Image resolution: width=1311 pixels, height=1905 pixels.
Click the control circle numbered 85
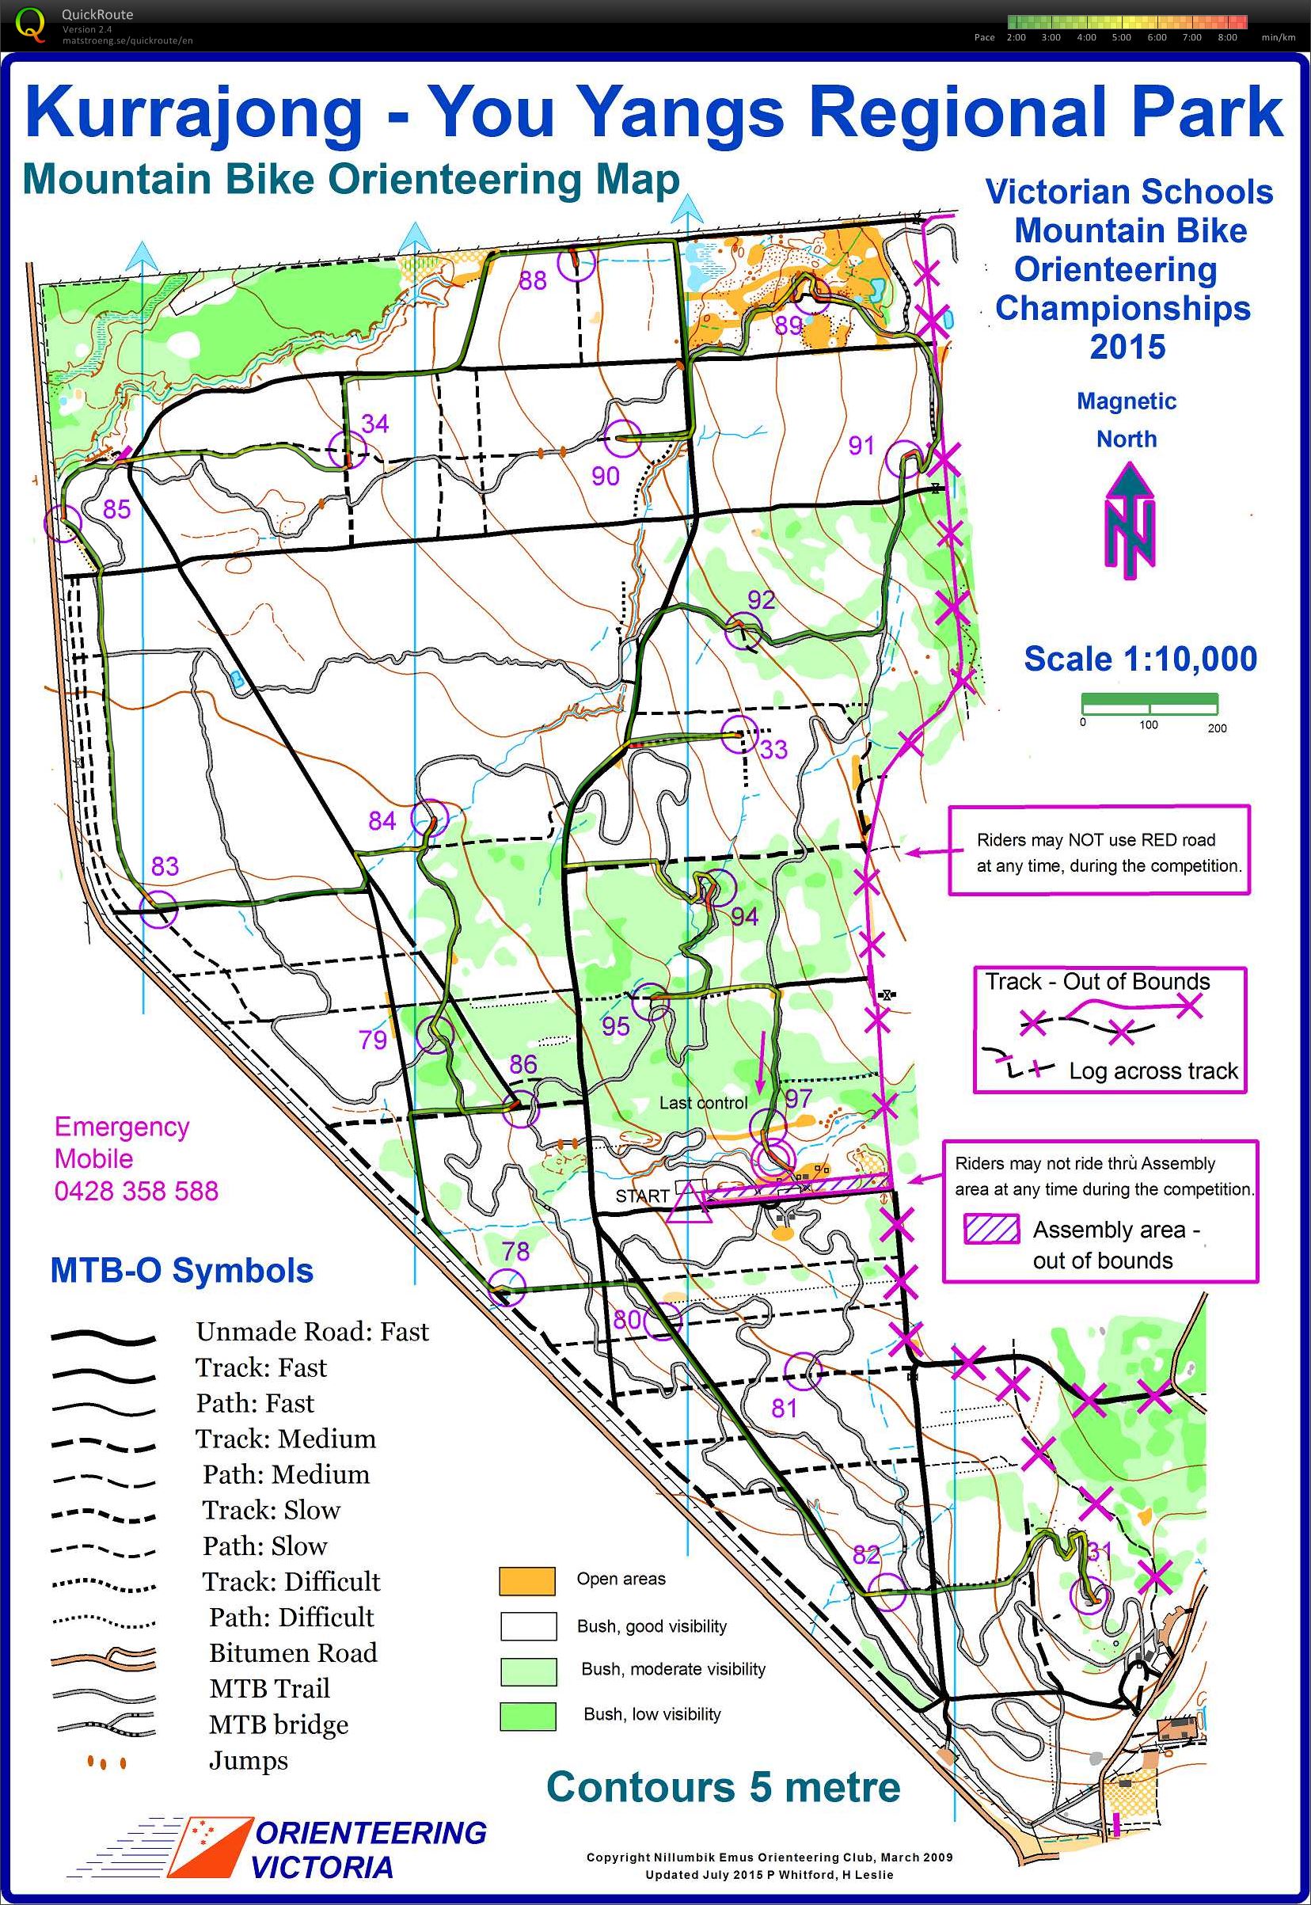(x=63, y=522)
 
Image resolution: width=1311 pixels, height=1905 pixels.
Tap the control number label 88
(x=532, y=282)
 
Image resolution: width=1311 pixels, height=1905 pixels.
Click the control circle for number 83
(x=158, y=911)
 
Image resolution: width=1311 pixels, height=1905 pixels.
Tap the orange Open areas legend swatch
(x=526, y=1580)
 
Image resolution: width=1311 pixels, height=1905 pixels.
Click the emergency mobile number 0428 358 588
(x=136, y=1191)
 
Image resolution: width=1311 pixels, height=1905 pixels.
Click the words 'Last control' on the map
(x=703, y=1103)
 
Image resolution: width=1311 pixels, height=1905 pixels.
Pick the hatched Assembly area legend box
(x=992, y=1230)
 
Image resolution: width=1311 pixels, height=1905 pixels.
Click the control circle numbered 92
(x=743, y=632)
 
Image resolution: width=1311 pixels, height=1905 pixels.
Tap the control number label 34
(x=374, y=424)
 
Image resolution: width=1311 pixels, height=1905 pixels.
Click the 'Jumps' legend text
(x=248, y=1761)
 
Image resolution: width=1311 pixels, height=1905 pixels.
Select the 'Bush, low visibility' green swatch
(x=526, y=1716)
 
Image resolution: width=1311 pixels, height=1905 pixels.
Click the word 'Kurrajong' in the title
(x=194, y=112)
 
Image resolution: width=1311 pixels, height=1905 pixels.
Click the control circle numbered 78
(x=507, y=1287)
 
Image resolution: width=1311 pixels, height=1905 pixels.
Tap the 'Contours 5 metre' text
(x=723, y=1788)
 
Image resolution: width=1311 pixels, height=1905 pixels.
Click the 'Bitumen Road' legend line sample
(x=103, y=1655)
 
